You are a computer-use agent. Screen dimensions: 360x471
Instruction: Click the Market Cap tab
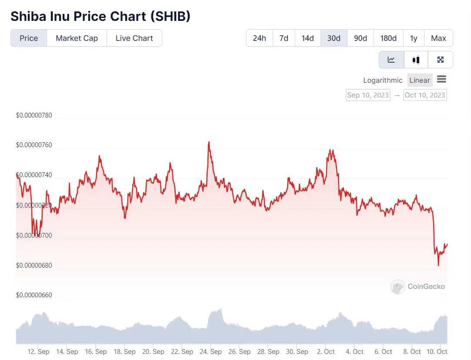(x=77, y=38)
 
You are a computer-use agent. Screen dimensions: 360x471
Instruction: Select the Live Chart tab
(x=134, y=38)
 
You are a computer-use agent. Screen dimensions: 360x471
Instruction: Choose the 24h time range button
(x=259, y=38)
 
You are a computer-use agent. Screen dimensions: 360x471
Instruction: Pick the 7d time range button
(x=284, y=38)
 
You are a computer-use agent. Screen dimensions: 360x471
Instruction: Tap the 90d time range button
(x=360, y=38)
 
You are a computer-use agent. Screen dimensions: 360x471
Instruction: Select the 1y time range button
(x=414, y=38)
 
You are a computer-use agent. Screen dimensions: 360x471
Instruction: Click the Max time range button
(x=438, y=38)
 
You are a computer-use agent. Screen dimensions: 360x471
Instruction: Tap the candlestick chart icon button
(x=416, y=60)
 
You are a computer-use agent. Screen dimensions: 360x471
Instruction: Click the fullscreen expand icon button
(x=440, y=60)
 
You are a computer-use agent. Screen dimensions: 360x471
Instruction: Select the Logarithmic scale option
(x=383, y=80)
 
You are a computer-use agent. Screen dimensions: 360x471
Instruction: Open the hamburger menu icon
(x=441, y=79)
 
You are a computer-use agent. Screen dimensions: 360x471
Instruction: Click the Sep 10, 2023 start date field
(x=367, y=95)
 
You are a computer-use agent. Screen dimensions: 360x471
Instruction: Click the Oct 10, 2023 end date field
(x=425, y=95)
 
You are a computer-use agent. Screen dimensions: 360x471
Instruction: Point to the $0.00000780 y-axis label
(x=34, y=115)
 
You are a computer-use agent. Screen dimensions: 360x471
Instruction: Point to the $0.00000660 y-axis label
(x=34, y=295)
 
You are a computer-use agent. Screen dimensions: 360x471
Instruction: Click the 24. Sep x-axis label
(x=210, y=351)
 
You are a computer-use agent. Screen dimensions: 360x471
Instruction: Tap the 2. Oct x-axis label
(x=326, y=351)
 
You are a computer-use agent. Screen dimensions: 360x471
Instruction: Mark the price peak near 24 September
(x=209, y=142)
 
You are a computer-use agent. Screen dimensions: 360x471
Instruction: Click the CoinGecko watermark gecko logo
(x=398, y=286)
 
